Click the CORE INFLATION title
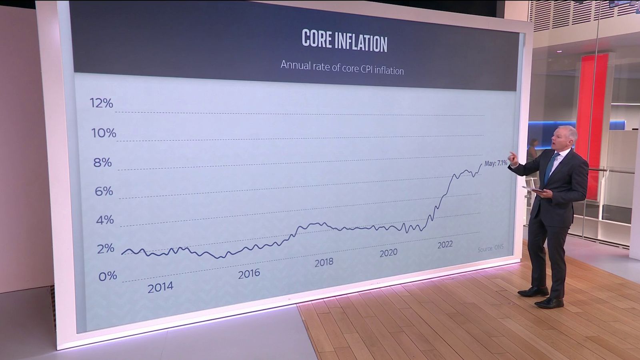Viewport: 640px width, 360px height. [x=344, y=41]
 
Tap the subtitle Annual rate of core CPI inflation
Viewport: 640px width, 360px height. [x=342, y=68]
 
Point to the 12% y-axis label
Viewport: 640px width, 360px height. [x=102, y=103]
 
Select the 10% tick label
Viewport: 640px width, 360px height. [x=104, y=133]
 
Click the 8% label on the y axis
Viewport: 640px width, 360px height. [x=103, y=162]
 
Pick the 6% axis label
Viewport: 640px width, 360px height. [x=104, y=192]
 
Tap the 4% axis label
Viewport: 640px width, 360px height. [x=105, y=220]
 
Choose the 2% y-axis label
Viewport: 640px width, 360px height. [x=106, y=248]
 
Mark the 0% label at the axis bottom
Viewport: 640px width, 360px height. [x=107, y=276]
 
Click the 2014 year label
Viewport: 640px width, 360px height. [x=160, y=287]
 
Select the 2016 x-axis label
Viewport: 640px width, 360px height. [x=249, y=274]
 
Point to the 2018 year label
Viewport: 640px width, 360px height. [x=324, y=262]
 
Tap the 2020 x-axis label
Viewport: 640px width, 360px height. [x=388, y=253]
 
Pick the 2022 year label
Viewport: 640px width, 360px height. [x=445, y=244]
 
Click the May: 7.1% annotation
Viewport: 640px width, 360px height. [x=496, y=163]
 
